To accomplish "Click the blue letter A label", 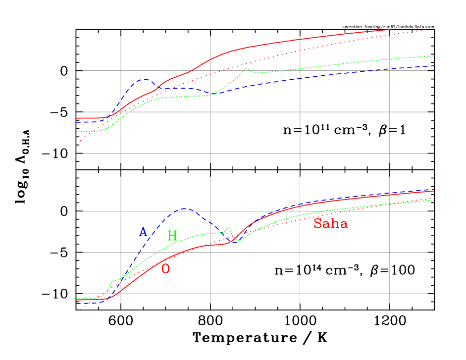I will coord(143,232).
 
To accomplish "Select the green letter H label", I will coord(172,236).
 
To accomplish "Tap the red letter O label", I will coord(166,269).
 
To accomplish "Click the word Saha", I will coord(330,224).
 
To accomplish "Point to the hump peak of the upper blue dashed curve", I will coord(145,79).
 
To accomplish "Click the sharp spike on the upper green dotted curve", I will coord(246,68).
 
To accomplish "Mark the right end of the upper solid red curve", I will coord(390,29).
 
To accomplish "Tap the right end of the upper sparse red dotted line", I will coord(427,30).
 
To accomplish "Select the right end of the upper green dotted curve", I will coord(434,56).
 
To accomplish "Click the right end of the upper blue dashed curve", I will coord(434,65).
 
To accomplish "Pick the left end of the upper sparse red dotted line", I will coord(76,144).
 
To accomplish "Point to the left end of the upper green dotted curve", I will coord(76,132).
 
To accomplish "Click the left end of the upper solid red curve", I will coord(76,118).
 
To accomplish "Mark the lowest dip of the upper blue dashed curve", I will coord(212,94).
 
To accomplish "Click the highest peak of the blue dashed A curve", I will coord(184,208).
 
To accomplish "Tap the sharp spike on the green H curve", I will coord(228,227).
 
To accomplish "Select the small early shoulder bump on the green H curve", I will coord(113,281).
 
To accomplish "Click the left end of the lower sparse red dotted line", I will coord(80,309).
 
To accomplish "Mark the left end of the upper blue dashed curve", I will coord(76,122).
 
